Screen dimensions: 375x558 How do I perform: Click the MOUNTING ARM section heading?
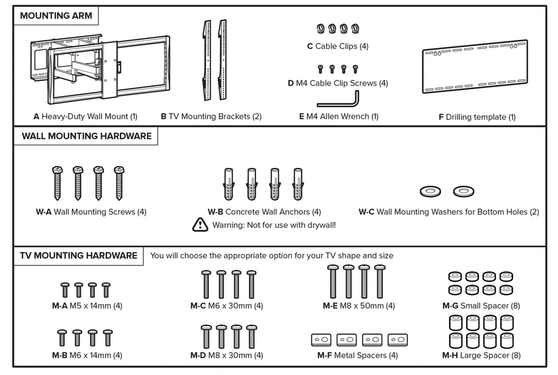click(x=56, y=16)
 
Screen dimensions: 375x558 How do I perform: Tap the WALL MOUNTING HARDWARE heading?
click(x=86, y=136)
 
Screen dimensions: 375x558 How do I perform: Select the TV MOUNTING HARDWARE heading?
click(x=79, y=255)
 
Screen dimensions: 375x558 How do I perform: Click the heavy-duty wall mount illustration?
click(x=101, y=68)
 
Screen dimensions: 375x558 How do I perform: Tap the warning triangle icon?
click(x=199, y=225)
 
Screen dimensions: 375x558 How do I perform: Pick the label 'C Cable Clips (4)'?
click(x=338, y=46)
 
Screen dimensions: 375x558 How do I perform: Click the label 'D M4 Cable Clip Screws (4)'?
click(x=338, y=83)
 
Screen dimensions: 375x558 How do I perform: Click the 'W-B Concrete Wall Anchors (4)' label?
click(x=264, y=212)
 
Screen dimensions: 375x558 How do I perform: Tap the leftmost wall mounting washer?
click(x=429, y=192)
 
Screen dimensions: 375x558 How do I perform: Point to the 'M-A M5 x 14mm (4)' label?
click(x=87, y=306)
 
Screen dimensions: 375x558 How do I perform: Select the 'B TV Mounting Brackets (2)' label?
click(x=211, y=116)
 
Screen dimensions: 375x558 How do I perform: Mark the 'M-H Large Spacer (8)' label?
click(x=482, y=355)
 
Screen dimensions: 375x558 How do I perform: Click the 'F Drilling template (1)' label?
click(x=477, y=117)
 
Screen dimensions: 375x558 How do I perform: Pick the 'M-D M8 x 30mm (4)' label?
click(x=227, y=355)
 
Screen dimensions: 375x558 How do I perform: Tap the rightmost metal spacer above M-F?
click(x=398, y=339)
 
